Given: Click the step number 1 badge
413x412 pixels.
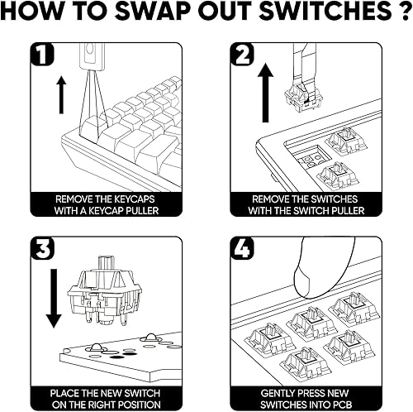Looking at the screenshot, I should (42, 55).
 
